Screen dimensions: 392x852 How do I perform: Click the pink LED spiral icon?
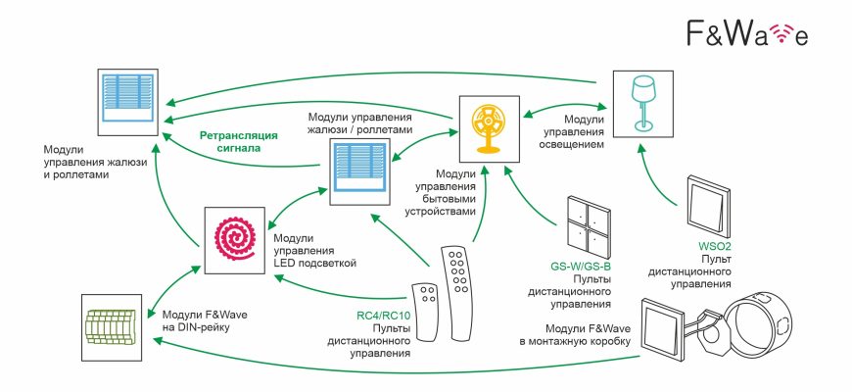point(234,239)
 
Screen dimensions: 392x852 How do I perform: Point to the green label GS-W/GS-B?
point(580,266)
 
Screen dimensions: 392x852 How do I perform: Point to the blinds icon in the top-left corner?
point(128,93)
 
